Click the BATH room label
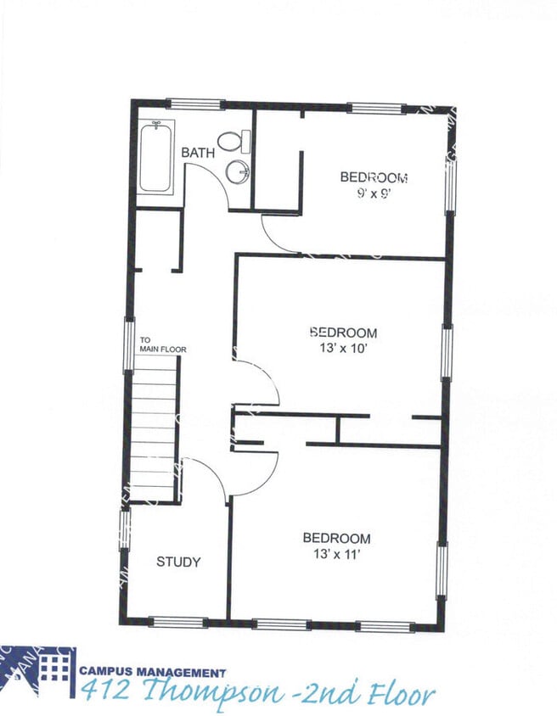(198, 153)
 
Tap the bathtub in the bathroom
(156, 157)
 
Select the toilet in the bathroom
(233, 141)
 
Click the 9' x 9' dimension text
(374, 193)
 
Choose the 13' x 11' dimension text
(337, 554)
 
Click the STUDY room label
(178, 562)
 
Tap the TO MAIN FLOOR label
(162, 345)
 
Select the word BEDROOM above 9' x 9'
(374, 177)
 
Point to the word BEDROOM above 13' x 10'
(343, 333)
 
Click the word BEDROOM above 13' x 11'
(337, 539)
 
